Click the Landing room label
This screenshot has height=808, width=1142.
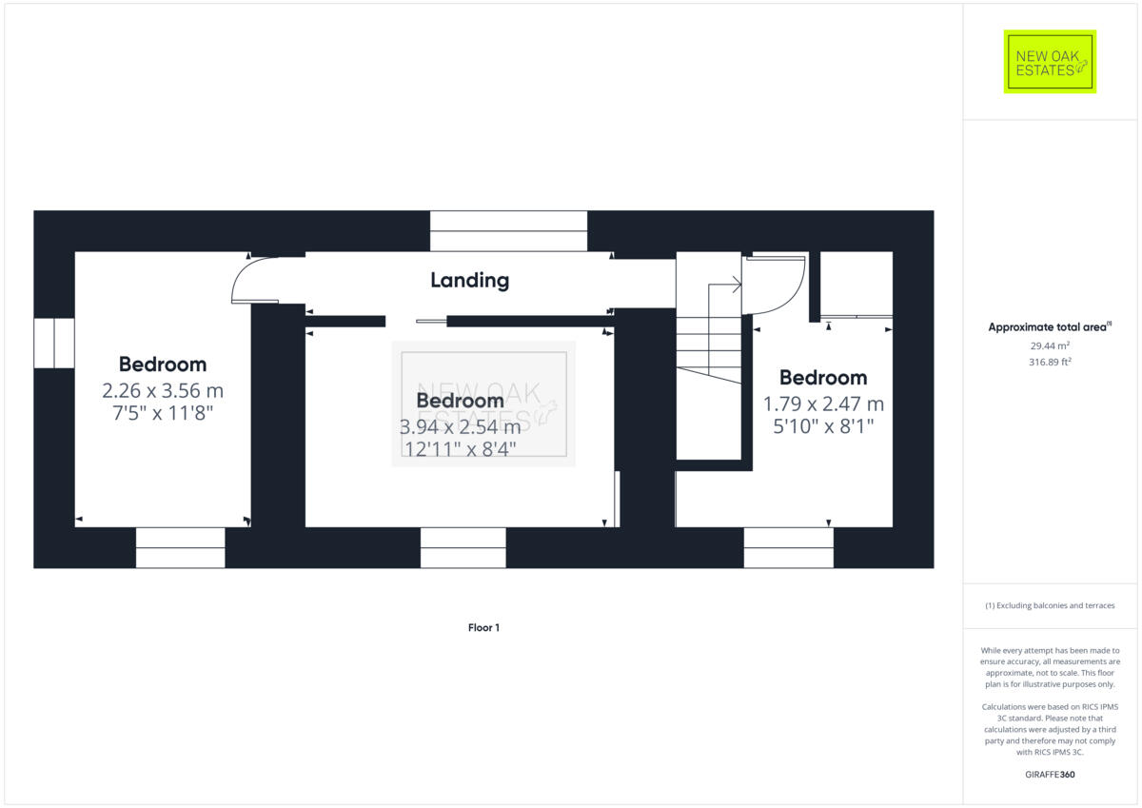tap(469, 281)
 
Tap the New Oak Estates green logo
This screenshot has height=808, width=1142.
tap(1050, 62)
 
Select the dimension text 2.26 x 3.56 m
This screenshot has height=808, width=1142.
tap(163, 391)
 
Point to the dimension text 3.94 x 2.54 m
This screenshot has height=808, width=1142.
tap(460, 426)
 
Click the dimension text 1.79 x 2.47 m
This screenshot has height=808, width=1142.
tap(823, 404)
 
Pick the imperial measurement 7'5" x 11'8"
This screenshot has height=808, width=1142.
tap(163, 413)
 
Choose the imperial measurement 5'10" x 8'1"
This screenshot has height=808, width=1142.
tap(823, 426)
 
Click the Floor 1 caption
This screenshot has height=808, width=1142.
tap(483, 627)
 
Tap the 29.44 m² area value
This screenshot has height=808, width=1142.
tap(1050, 345)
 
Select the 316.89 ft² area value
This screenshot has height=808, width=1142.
tap(1050, 362)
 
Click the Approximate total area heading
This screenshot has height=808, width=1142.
tap(1050, 326)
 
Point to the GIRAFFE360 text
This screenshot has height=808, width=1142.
tap(1050, 775)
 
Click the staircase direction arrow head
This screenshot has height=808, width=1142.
tap(738, 285)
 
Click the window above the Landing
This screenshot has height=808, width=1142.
tap(508, 231)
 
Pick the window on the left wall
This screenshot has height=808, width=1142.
tap(54, 343)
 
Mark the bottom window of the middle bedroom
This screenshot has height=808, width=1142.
tap(463, 547)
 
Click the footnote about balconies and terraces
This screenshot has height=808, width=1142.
tap(1050, 605)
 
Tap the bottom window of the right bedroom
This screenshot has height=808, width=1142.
tap(789, 547)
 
